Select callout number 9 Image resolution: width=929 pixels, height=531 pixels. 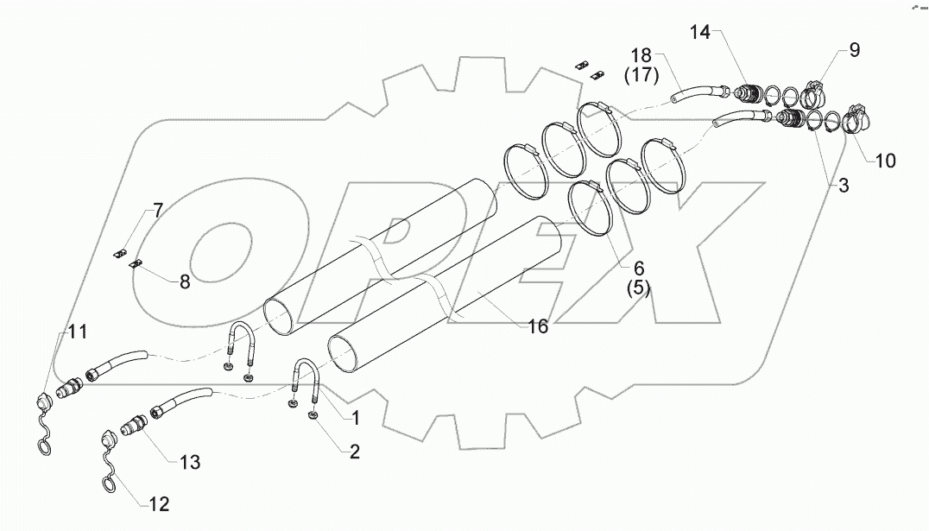[853, 50]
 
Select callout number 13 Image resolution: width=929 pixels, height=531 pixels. [189, 463]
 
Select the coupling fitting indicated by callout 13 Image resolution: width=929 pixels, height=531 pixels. [134, 427]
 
